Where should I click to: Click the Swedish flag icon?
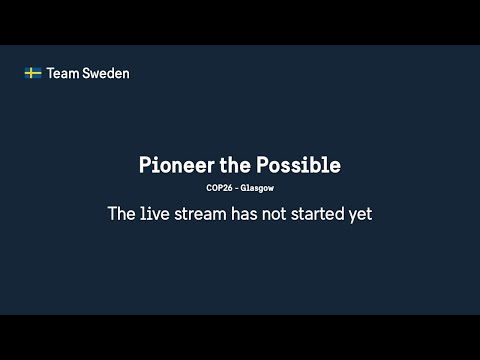click(32, 73)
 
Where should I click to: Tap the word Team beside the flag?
click(63, 73)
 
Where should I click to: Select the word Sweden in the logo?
click(107, 73)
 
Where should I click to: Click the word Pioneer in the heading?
click(174, 165)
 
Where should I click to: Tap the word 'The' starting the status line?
click(122, 213)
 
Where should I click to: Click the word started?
click(330, 213)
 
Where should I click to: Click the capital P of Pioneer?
click(144, 165)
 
